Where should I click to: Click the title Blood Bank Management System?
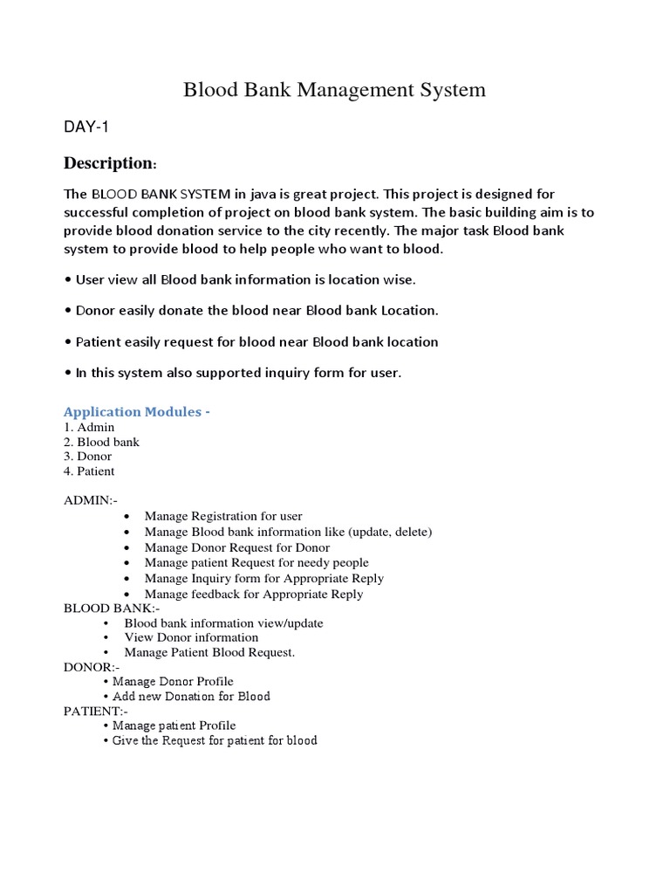point(334,90)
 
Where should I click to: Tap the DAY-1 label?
point(86,127)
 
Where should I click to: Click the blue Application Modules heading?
point(137,411)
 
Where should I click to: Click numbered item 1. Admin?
point(89,428)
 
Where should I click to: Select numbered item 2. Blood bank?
point(101,442)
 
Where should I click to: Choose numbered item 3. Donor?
point(88,457)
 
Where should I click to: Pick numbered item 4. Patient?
point(90,471)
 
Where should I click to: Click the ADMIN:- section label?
point(90,501)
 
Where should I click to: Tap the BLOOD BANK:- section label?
point(112,609)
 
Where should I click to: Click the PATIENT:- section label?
point(95,711)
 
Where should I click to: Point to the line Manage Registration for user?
point(223,516)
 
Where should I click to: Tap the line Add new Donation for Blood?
point(191,696)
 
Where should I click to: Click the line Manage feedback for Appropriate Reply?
point(253,594)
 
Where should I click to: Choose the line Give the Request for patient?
point(215,740)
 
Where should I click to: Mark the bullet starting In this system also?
point(233,373)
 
